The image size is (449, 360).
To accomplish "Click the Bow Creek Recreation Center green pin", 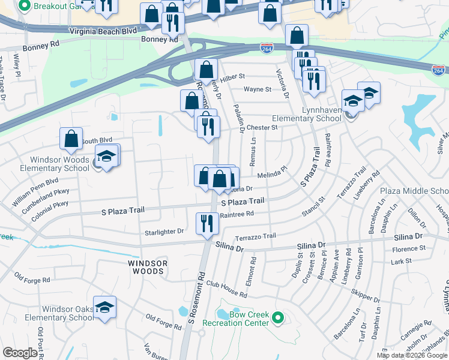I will (x=277, y=317).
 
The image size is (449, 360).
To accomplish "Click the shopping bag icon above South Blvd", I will (x=71, y=139).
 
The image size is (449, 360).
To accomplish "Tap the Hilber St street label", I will (x=233, y=77).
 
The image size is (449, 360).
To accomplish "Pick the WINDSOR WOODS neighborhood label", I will (x=146, y=267).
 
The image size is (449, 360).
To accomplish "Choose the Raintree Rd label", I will (x=237, y=214).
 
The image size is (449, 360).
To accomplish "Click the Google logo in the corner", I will (x=20, y=353).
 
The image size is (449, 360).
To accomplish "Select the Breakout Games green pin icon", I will (x=25, y=7).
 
